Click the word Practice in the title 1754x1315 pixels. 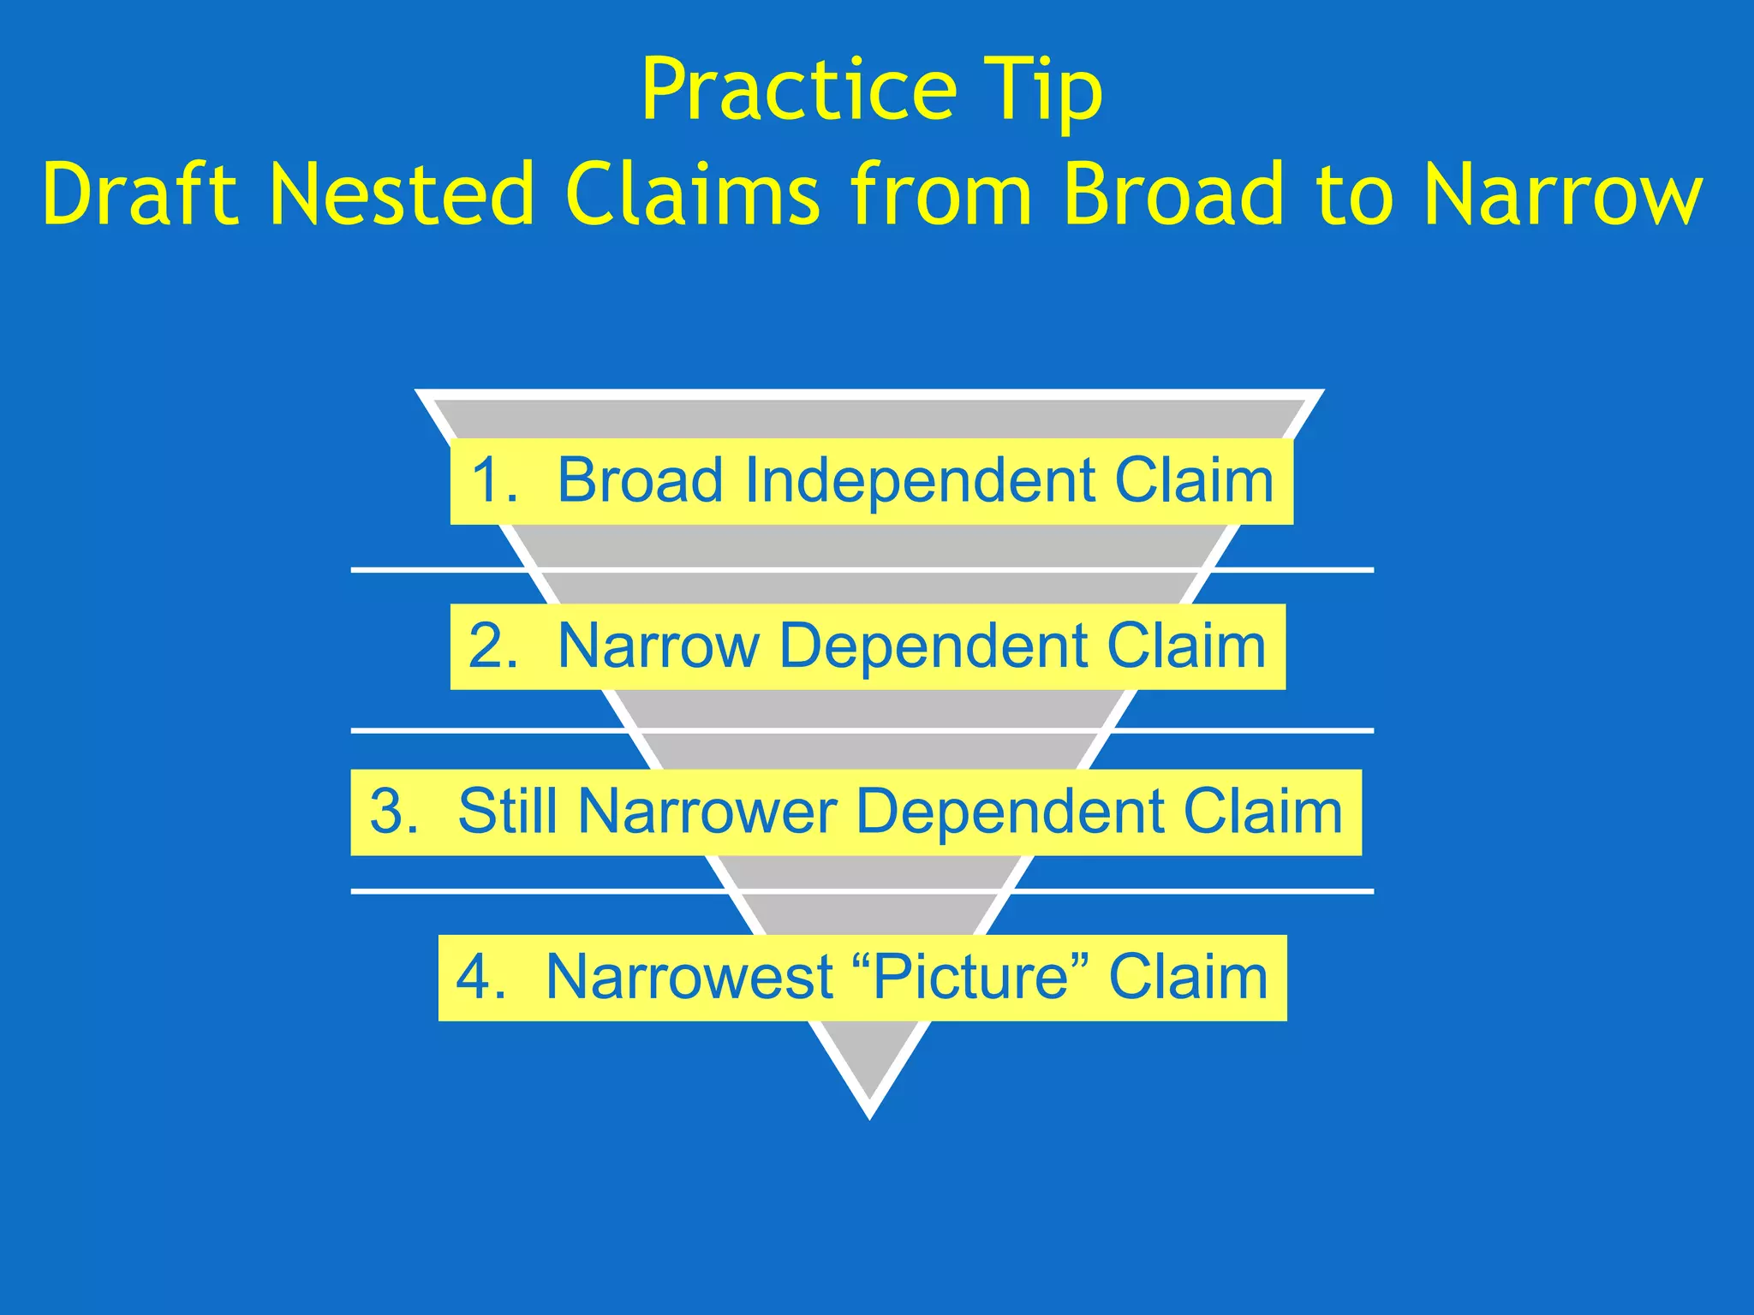[x=798, y=91]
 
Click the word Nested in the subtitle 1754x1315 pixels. [x=403, y=195]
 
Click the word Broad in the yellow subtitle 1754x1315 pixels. [x=1174, y=195]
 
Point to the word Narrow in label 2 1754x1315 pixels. [x=658, y=646]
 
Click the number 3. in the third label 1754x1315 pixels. [x=395, y=812]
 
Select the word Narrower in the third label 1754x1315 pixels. [x=707, y=812]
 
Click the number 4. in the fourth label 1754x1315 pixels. [x=482, y=977]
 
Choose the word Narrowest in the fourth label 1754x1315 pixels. [x=690, y=977]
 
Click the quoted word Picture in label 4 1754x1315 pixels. [x=971, y=977]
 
